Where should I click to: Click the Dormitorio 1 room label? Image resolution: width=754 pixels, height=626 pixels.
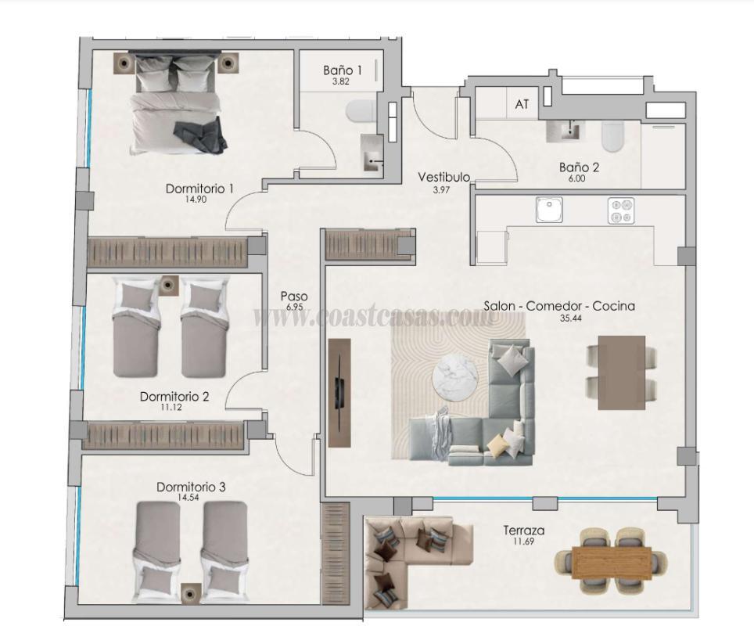pyautogui.click(x=199, y=189)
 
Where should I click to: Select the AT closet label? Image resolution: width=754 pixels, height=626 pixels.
pyautogui.click(x=522, y=105)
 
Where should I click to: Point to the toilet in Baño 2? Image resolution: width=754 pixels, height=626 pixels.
pyautogui.click(x=612, y=139)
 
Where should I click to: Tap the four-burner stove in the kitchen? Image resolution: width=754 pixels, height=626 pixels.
pyautogui.click(x=621, y=210)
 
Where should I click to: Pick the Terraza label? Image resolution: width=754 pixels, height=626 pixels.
pyautogui.click(x=523, y=531)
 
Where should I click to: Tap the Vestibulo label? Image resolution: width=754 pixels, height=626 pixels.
pyautogui.click(x=443, y=178)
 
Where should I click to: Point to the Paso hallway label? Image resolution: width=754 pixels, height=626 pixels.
pyautogui.click(x=294, y=297)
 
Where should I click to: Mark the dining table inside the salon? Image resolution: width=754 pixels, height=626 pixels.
pyautogui.click(x=621, y=372)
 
